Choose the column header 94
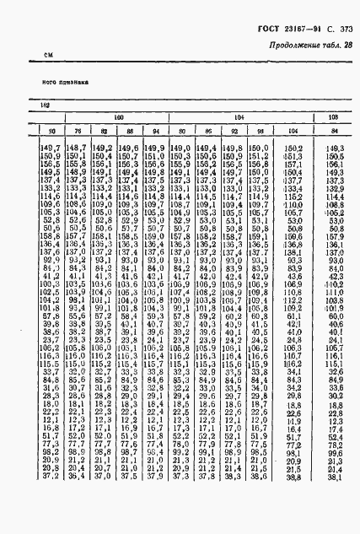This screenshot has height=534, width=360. click(x=154, y=130)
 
